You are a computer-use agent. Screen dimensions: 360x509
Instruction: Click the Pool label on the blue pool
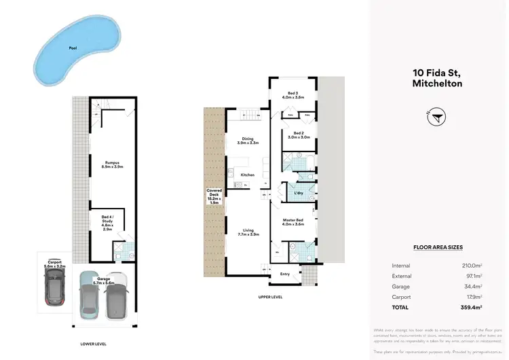point(72,48)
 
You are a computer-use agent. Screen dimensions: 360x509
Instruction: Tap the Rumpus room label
point(113,164)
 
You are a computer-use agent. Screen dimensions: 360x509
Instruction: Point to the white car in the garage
point(116,296)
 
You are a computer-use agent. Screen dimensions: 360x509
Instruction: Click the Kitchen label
point(247,175)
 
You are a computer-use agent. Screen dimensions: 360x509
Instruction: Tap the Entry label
point(284,274)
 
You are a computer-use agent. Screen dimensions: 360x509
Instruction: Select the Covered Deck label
point(214,196)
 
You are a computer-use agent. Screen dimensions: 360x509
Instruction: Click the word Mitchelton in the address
point(438,84)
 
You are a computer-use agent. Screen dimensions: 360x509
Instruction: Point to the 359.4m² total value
point(472,306)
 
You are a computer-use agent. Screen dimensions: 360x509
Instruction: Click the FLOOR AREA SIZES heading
point(438,248)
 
